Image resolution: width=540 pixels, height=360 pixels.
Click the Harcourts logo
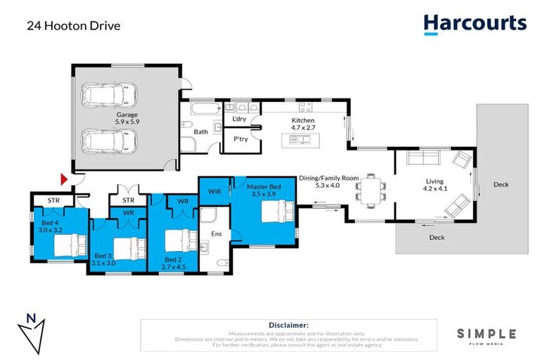click(x=475, y=24)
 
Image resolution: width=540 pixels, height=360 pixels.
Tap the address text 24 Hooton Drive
click(x=73, y=26)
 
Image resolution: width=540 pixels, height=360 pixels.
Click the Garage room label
click(x=127, y=114)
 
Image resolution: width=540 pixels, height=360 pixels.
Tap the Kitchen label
click(x=304, y=120)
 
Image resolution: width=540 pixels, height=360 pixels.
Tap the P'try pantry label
click(x=241, y=139)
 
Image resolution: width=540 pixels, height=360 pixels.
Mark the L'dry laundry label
click(x=239, y=120)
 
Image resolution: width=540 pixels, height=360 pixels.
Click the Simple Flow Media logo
click(x=487, y=336)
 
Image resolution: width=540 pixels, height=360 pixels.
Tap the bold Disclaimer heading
click(x=289, y=325)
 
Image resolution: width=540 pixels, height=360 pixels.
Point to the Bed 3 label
click(x=103, y=255)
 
